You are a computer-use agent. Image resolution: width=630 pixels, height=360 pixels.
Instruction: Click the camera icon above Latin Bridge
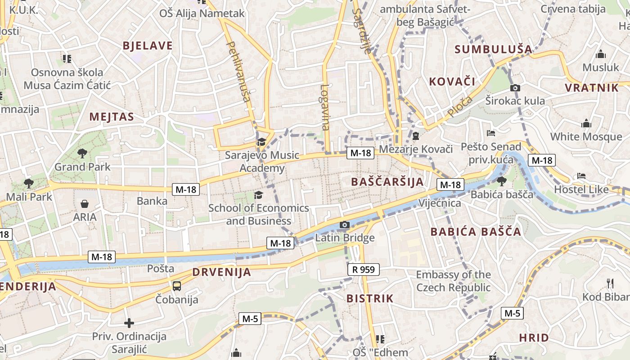(344, 225)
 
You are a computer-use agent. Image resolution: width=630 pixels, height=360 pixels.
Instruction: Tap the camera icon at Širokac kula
(515, 88)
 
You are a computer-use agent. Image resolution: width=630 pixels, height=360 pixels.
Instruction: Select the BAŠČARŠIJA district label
(387, 182)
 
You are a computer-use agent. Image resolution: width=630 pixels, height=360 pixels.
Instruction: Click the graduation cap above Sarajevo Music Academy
(261, 142)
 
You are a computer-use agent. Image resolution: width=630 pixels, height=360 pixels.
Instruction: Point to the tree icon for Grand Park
(82, 153)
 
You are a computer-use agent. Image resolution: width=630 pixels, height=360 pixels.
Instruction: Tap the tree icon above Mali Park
(29, 183)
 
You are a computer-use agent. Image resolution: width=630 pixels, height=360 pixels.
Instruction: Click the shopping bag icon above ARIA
(84, 204)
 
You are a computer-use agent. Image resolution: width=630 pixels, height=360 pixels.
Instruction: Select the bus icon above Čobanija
(177, 286)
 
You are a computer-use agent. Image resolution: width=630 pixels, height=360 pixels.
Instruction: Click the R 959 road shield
(364, 270)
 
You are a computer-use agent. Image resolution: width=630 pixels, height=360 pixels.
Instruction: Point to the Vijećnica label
(440, 203)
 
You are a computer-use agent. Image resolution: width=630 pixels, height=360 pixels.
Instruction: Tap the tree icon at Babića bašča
(501, 181)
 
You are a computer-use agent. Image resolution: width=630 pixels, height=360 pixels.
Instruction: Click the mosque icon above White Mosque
(586, 123)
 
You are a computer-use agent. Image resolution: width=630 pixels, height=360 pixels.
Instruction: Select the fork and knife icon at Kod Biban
(610, 283)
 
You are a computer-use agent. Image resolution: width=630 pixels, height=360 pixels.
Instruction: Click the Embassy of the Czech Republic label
(453, 281)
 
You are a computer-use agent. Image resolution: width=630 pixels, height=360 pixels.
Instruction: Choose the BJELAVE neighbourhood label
(148, 45)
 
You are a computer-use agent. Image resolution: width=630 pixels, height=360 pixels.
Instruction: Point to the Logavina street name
(325, 107)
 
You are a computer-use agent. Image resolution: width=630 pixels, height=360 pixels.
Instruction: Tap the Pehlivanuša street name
(239, 72)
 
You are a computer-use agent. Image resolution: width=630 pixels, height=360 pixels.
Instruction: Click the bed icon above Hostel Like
(581, 176)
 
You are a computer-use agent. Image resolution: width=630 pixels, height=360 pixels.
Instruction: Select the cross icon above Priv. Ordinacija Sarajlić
(129, 323)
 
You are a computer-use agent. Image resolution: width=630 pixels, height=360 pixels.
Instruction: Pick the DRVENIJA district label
(221, 272)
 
